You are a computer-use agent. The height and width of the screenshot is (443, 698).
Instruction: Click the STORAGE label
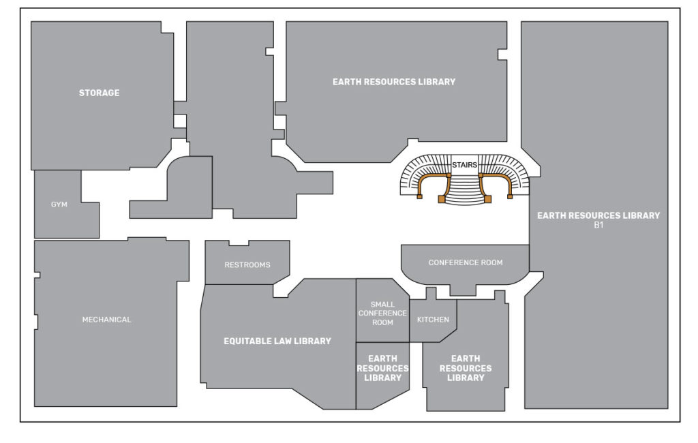pyautogui.click(x=99, y=93)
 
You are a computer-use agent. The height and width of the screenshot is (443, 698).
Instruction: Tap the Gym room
pyautogui.click(x=59, y=204)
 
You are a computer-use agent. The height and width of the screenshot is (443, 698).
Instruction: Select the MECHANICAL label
pyautogui.click(x=106, y=319)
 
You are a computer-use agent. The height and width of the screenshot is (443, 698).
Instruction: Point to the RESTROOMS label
pyautogui.click(x=247, y=264)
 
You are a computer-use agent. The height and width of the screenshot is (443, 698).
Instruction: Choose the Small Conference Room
pyautogui.click(x=382, y=313)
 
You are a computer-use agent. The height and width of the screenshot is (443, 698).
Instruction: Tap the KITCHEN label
pyautogui.click(x=433, y=319)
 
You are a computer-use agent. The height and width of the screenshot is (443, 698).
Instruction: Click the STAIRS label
pyautogui.click(x=464, y=165)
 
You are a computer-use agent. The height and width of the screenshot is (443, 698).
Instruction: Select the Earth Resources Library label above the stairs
pyautogui.click(x=394, y=82)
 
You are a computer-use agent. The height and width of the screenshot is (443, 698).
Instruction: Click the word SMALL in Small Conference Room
pyautogui.click(x=382, y=304)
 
